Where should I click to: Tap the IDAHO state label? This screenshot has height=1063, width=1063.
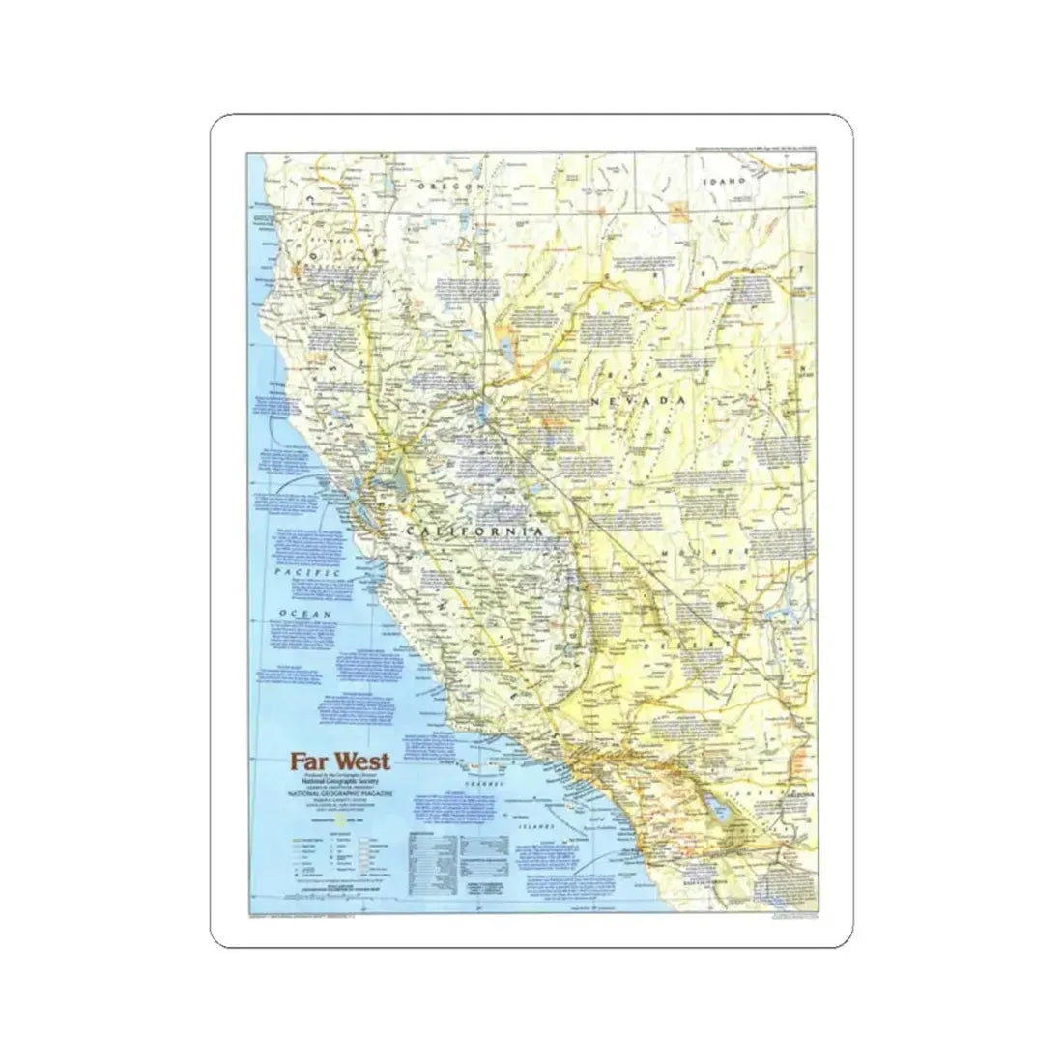coord(728,181)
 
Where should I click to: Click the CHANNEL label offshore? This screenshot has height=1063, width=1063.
coord(483,783)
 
